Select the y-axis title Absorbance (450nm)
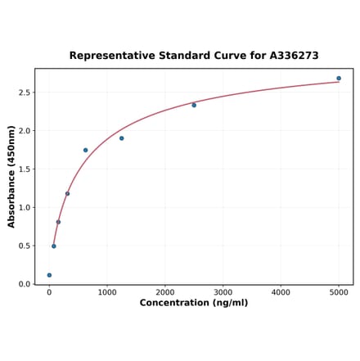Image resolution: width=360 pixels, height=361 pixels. click(x=11, y=176)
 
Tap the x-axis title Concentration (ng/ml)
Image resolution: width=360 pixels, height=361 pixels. click(x=194, y=303)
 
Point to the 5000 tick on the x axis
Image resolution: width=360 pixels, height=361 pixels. click(x=339, y=291)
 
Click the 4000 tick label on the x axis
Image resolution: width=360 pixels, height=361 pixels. click(x=281, y=291)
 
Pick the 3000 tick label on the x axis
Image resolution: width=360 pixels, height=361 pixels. click(x=223, y=291)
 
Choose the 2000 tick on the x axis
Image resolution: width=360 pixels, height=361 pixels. click(x=165, y=291)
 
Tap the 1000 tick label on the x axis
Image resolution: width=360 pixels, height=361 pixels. click(x=107, y=291)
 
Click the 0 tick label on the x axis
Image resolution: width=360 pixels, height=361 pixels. click(x=49, y=291)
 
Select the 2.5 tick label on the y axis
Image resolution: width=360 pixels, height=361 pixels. click(x=25, y=93)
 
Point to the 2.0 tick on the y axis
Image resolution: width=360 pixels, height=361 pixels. click(x=25, y=131)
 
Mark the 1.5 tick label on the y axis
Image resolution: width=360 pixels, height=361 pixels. click(x=25, y=169)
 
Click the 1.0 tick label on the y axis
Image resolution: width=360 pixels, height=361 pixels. click(x=25, y=208)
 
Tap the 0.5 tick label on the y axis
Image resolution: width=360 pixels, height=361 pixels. click(x=25, y=246)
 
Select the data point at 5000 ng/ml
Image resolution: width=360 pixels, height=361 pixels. click(x=339, y=79)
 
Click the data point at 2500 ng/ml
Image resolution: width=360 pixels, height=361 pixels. click(x=194, y=105)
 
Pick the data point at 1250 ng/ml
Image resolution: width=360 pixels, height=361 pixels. click(x=121, y=138)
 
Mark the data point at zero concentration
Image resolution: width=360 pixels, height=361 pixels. click(x=49, y=275)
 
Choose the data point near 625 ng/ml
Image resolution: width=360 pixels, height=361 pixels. click(x=85, y=150)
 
